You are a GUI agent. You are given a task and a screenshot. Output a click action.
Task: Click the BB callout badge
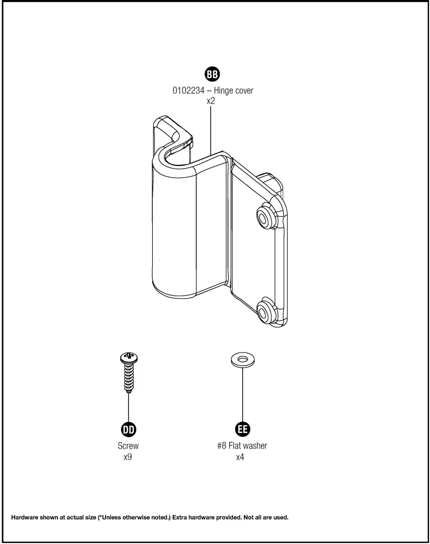[x=213, y=74]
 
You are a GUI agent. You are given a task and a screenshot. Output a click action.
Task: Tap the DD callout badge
[x=128, y=429]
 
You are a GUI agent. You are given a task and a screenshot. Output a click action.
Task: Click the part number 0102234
[x=188, y=91]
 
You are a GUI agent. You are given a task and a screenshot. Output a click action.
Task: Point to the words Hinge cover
[x=233, y=91]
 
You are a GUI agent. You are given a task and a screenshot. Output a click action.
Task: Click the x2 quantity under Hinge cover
[x=213, y=101]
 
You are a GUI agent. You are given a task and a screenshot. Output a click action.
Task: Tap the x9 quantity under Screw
[x=128, y=457]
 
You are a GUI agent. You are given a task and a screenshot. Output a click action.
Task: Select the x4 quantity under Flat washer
[x=240, y=457]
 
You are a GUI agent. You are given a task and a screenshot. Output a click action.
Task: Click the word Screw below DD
[x=128, y=446]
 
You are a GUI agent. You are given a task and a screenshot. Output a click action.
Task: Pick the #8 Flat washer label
[x=241, y=446]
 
